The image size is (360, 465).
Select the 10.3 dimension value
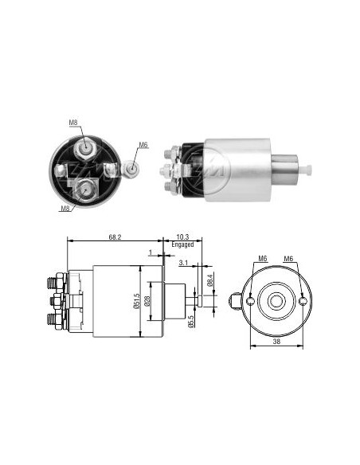tap(182, 237)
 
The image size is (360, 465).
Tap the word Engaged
tap(182, 244)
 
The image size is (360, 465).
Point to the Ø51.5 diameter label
tap(136, 301)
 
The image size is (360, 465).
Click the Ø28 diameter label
tap(147, 301)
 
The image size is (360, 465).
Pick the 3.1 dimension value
tap(183, 263)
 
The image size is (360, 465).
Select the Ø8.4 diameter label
tap(209, 280)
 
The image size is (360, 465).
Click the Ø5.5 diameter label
tap(190, 321)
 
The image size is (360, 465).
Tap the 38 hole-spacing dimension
tap(276, 342)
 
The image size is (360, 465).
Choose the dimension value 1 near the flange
tap(151, 252)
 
